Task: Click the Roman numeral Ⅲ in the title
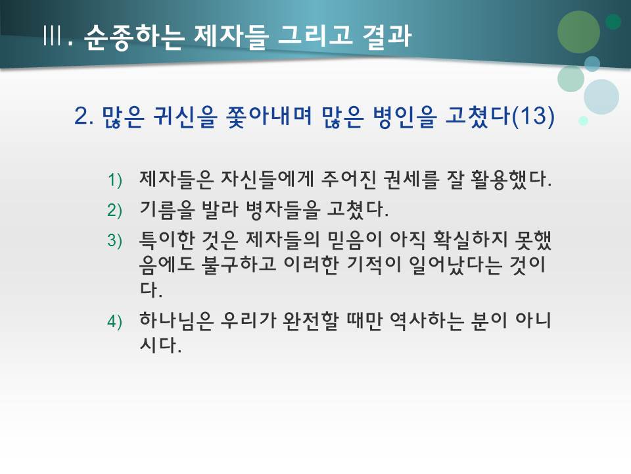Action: (x=51, y=37)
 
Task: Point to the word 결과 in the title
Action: (x=386, y=36)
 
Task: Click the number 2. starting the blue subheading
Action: (x=85, y=117)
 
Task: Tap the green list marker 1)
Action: (x=115, y=179)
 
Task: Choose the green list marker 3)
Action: (x=115, y=241)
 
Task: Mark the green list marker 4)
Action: (x=115, y=321)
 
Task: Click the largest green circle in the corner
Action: (x=579, y=31)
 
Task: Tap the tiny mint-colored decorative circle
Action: (x=583, y=120)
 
